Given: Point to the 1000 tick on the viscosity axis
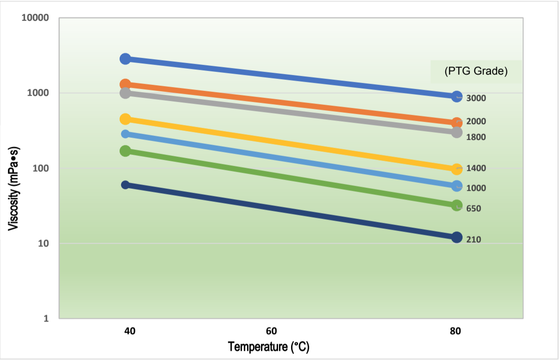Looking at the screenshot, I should tap(38, 93).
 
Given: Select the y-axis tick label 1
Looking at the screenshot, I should tap(46, 319).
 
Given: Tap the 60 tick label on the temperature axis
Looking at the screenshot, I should tap(271, 331).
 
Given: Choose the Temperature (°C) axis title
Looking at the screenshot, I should tap(268, 346).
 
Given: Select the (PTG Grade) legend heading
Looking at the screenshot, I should tap(476, 71).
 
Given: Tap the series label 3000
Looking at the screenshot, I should tap(476, 98).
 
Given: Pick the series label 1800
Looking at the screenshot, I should tap(476, 137).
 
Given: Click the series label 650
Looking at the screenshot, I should tap(473, 209).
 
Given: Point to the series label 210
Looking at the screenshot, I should tap(473, 239).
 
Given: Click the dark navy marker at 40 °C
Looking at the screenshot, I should tap(125, 185).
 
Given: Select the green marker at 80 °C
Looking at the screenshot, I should tap(457, 205).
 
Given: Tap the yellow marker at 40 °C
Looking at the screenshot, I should tap(125, 119).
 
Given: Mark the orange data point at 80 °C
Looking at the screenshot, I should tap(457, 123).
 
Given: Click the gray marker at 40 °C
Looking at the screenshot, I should tap(125, 93).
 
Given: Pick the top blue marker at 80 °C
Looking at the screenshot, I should tap(457, 96).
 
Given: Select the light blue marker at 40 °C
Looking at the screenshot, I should tap(125, 134).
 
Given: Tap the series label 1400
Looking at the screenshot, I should tap(476, 168).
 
